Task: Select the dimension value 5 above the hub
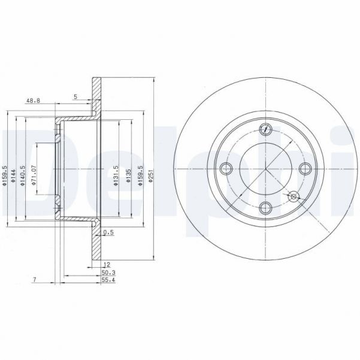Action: point(75,96)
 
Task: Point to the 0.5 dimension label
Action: point(108,232)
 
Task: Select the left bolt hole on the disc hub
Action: point(225,168)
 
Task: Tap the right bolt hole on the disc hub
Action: point(305,168)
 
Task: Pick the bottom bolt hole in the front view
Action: point(265,207)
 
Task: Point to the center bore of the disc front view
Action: point(265,168)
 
